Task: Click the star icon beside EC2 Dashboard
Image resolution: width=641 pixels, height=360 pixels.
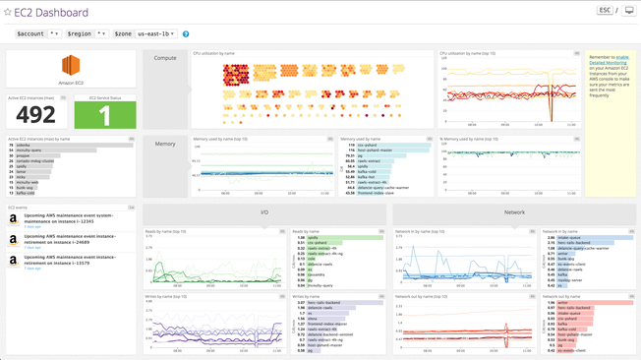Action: coord(8,13)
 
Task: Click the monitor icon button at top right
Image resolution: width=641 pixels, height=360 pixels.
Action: coord(629,11)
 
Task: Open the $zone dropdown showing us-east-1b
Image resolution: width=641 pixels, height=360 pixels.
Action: coord(156,33)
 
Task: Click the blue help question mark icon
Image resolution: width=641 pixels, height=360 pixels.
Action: coord(186,34)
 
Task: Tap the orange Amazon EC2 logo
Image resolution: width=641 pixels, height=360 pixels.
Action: coord(71,66)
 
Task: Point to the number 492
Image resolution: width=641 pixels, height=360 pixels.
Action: coord(35,115)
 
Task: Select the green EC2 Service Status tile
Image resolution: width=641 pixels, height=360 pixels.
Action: coord(105,115)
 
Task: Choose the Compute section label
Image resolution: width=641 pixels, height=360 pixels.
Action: coord(165,58)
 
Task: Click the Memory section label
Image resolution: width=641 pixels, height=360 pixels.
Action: coord(165,144)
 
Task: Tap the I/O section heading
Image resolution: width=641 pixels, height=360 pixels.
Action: coord(264,211)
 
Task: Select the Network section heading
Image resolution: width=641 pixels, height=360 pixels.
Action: coord(514,211)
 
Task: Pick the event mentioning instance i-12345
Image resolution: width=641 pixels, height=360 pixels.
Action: coord(69,217)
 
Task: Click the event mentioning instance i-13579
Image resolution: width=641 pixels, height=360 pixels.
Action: coord(69,259)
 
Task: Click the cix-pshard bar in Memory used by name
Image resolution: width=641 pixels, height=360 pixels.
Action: coord(393,145)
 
